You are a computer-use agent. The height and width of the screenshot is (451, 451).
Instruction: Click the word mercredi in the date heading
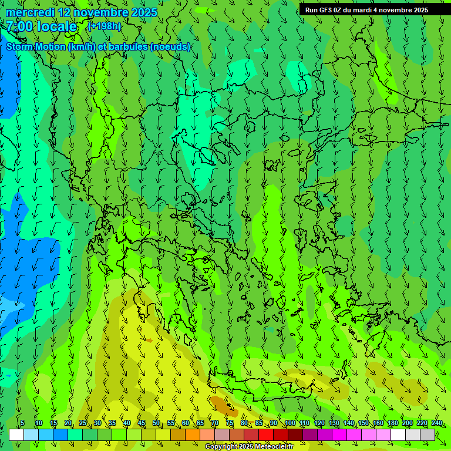coord(31,12)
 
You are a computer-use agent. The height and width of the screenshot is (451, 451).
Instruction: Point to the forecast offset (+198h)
coord(104,26)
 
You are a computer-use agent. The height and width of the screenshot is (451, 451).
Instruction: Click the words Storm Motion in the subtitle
coord(36,47)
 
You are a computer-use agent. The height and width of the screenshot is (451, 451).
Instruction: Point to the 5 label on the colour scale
coord(22,423)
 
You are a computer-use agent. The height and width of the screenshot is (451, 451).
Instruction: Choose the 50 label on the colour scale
coord(156,423)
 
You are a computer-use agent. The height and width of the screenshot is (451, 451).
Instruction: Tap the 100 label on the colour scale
coord(290,423)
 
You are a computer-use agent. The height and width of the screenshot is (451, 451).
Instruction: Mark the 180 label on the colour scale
coord(392,423)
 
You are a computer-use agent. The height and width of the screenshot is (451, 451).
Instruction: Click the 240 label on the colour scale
coord(436,423)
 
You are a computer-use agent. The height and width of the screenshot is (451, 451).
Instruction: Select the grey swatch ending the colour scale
coord(428,435)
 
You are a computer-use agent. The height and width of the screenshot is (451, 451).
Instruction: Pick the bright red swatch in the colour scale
coord(266,435)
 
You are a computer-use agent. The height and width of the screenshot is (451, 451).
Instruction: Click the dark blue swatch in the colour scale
coord(60,435)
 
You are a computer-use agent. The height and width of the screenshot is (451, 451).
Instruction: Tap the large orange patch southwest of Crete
coord(222,405)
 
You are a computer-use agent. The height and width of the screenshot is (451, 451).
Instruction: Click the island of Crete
coord(258,382)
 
